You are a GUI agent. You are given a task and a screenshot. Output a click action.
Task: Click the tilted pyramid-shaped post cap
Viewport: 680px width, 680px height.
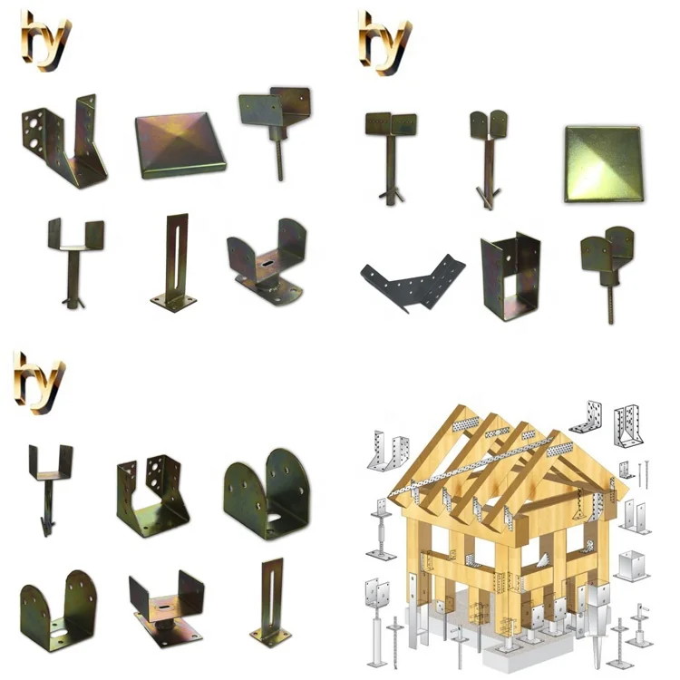tap(180, 144)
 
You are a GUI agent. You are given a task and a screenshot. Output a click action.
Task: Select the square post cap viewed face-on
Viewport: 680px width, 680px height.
tap(602, 163)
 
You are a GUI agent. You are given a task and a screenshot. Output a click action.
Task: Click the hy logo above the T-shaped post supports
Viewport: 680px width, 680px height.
tap(384, 35)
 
